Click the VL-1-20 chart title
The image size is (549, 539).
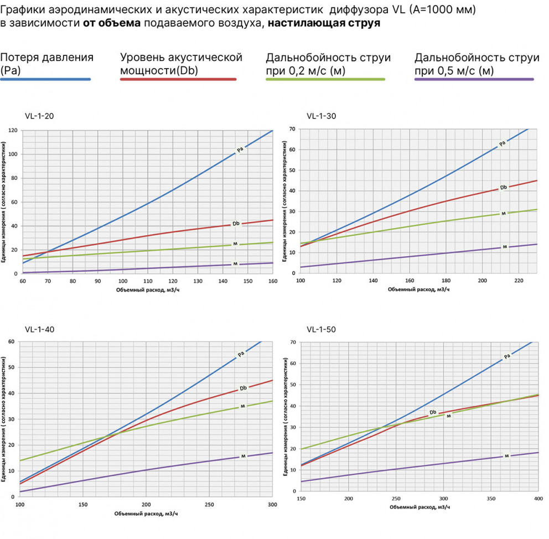coord(39,116)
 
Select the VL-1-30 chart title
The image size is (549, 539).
coord(321,116)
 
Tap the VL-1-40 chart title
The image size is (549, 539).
coord(39,330)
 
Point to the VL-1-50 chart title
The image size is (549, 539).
coord(321,330)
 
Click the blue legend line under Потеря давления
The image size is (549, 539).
coord(45,80)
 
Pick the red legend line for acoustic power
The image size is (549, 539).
coord(178,80)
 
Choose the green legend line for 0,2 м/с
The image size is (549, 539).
coord(325,80)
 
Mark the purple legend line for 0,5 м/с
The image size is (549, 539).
coord(474,80)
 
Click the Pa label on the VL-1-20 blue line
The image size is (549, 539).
coord(240,149)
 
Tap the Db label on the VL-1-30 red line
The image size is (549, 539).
coord(503,188)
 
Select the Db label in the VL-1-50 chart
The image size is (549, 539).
coord(433,412)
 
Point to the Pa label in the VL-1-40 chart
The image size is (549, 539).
coord(241,354)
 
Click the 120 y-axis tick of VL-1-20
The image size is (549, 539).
coord(12,131)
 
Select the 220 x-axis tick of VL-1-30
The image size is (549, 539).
coord(519,281)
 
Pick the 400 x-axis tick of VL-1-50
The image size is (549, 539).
coord(537,499)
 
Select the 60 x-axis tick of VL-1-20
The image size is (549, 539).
coord(23,281)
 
